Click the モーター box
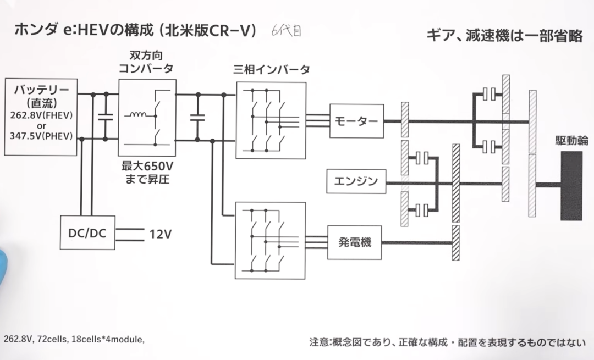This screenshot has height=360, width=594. (356, 121)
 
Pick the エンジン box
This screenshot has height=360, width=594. (356, 181)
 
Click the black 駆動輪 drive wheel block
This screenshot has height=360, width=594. (571, 186)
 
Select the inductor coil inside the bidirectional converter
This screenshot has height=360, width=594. (137, 116)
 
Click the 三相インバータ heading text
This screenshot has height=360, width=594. (271, 70)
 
